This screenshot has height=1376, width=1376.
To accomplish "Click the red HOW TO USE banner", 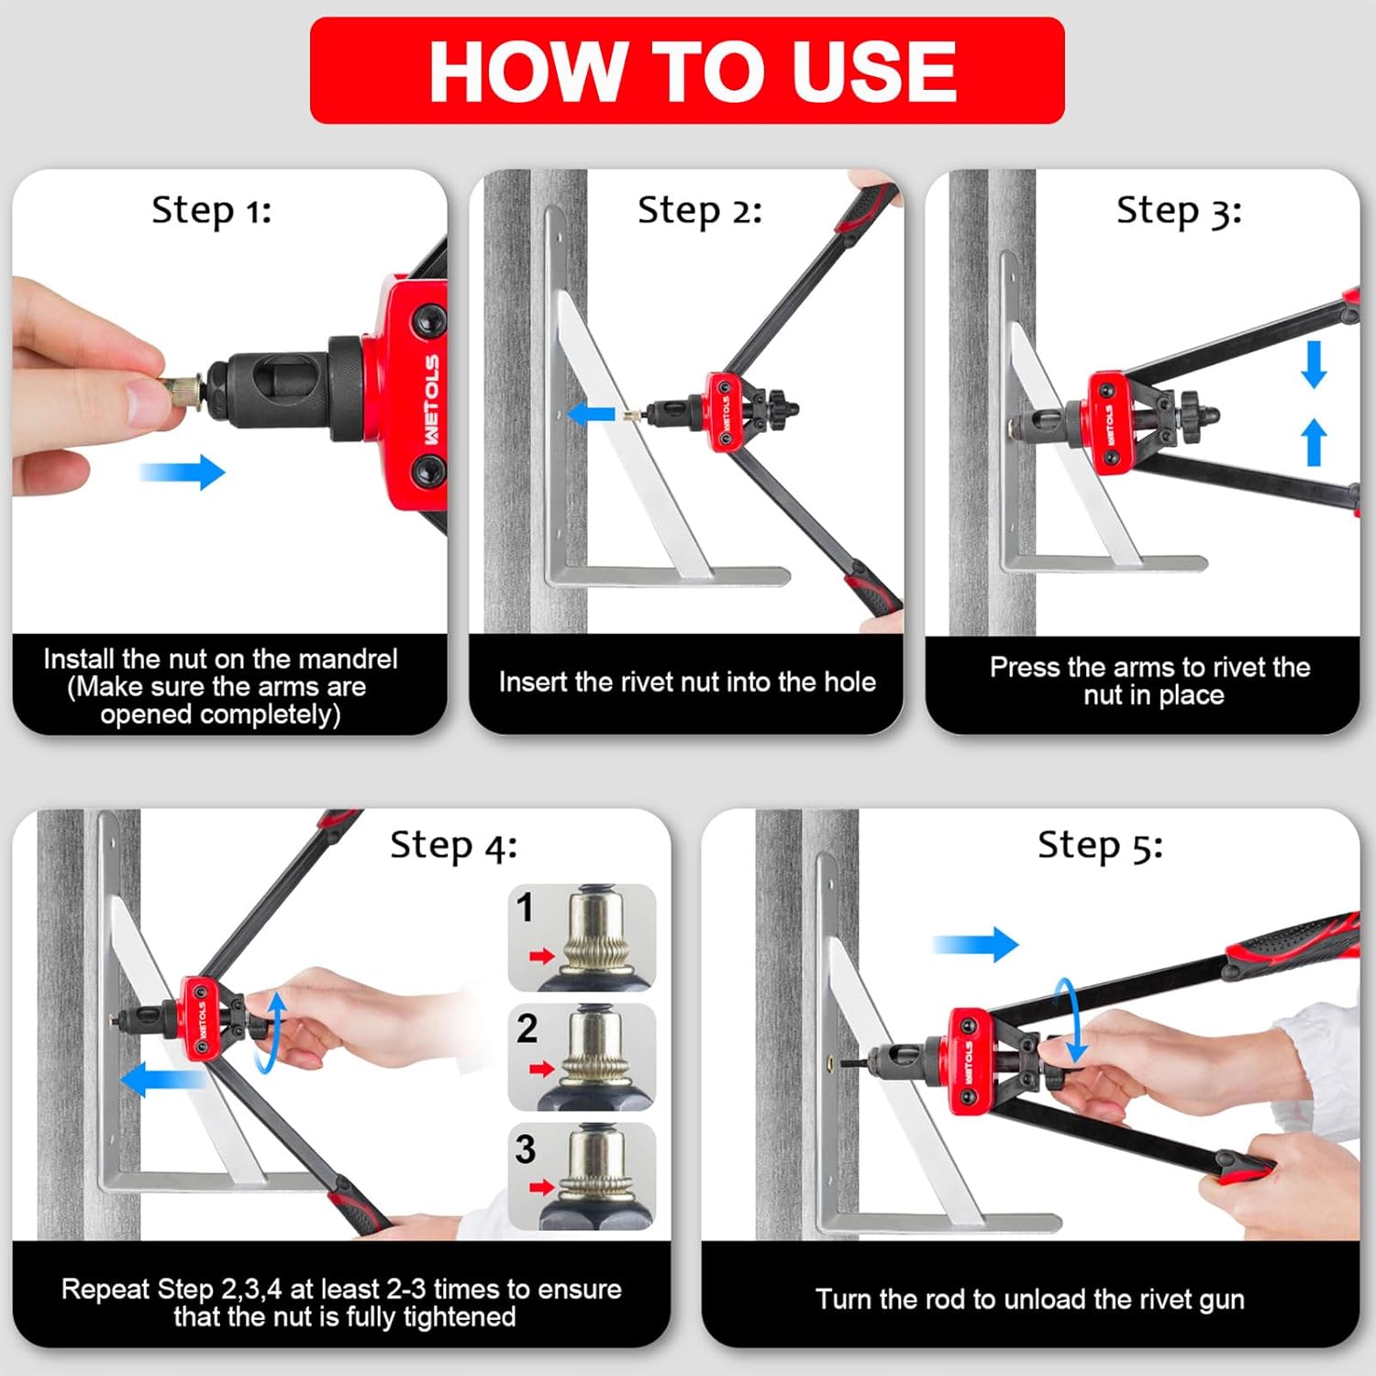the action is click(x=687, y=71).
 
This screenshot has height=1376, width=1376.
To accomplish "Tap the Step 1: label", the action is click(x=212, y=211).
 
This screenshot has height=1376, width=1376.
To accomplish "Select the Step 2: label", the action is click(x=700, y=211).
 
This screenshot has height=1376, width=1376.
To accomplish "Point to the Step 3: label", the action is click(x=1179, y=211).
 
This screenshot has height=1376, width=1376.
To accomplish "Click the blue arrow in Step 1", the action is click(x=182, y=472).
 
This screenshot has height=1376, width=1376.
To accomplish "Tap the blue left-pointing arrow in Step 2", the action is click(x=591, y=414).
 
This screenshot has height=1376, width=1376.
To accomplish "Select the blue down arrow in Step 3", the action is click(x=1315, y=364).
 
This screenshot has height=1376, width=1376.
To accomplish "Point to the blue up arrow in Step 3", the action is click(x=1315, y=441).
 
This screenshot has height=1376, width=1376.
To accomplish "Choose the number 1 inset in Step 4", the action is click(x=582, y=937).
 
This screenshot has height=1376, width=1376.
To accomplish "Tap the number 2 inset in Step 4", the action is click(x=582, y=1057).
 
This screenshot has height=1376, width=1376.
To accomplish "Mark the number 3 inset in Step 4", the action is click(x=582, y=1177).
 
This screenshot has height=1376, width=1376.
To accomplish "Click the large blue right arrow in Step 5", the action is click(x=975, y=944).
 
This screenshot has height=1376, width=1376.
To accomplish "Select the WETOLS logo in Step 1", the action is click(x=431, y=400).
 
